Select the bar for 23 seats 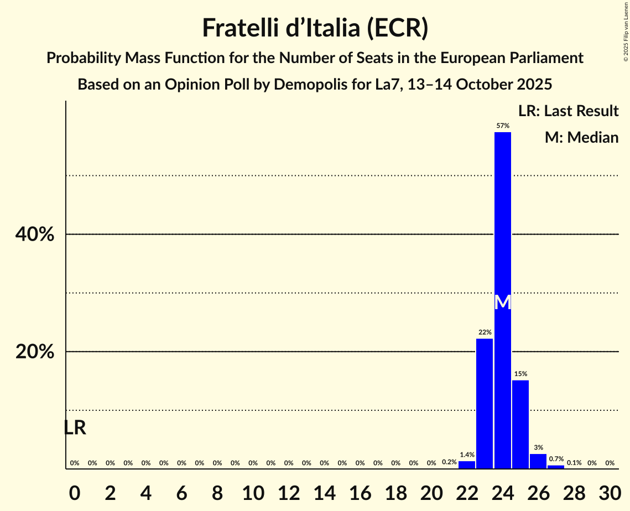485,404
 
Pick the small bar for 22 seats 467,465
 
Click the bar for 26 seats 538,461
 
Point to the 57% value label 502,126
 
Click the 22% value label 485,332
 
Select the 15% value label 520,374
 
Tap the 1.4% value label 467,455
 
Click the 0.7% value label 556,459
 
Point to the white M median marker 502,303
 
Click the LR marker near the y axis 75,427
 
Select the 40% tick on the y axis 35,234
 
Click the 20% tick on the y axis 35,352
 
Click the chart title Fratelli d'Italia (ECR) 315,28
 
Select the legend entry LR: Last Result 568,111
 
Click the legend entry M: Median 581,137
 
